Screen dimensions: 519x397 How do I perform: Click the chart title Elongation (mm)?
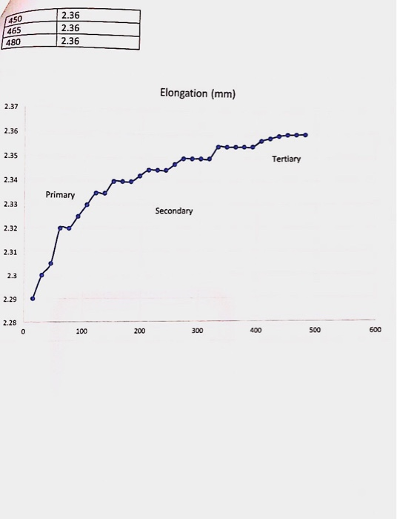197,94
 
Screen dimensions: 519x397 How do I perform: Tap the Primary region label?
60,195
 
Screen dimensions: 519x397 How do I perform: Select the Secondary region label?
174,211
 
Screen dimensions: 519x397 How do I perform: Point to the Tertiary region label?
286,159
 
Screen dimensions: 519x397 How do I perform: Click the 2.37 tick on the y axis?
10,108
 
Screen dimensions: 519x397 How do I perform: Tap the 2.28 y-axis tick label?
10,323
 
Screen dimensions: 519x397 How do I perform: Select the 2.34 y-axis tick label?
10,180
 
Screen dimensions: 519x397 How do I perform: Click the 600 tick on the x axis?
375,330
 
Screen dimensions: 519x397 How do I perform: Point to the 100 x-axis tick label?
81,331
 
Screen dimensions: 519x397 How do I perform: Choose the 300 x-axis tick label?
197,331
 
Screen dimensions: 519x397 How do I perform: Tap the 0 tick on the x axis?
23,331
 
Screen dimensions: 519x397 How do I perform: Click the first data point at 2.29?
33,298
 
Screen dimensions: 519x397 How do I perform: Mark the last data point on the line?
306,135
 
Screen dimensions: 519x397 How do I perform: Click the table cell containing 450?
16,19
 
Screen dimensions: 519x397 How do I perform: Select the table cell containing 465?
16,30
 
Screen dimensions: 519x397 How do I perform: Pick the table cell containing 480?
16,42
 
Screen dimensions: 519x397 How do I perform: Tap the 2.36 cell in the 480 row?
70,41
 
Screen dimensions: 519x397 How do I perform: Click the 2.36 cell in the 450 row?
70,16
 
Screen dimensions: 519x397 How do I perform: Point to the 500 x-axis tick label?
314,330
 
